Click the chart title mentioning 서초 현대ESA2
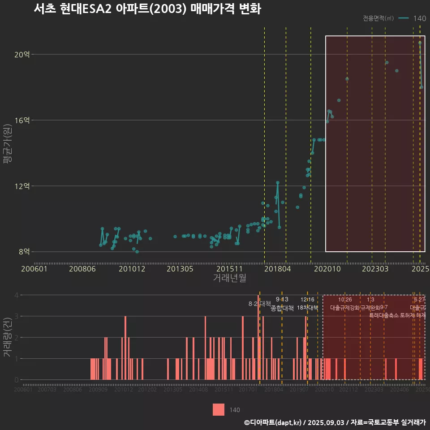coord(147,9)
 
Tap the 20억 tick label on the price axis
coord(22,55)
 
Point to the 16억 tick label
coord(22,120)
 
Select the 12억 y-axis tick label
coord(22,186)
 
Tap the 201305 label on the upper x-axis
coord(180,269)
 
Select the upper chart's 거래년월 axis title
coord(229,278)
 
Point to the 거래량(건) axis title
coord(8,337)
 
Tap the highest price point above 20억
coord(420,43)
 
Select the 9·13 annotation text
coord(282,299)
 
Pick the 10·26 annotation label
coord(345,299)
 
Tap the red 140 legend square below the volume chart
coord(219,409)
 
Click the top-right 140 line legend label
coord(420,18)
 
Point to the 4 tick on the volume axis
coord(16,295)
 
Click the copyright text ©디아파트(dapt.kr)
coord(273,422)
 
